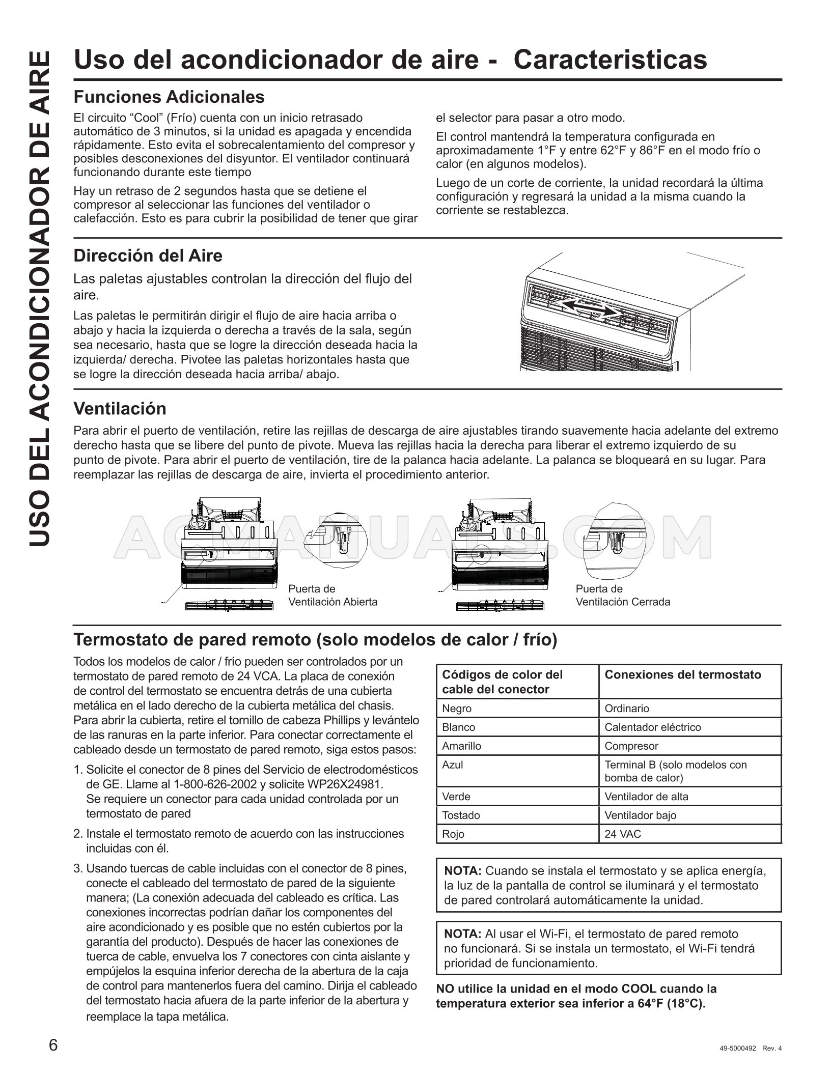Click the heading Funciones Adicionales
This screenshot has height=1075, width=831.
[x=169, y=97]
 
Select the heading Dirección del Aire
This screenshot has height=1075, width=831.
[x=148, y=256]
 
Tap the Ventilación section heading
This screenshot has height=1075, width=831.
[x=120, y=408]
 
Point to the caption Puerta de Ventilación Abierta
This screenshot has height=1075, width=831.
[x=333, y=595]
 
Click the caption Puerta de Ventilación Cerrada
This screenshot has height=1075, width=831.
[x=622, y=595]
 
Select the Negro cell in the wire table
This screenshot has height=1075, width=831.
[x=457, y=709]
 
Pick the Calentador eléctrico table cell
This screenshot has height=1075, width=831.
[x=652, y=727]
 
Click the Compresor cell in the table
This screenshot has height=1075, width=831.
[x=631, y=746]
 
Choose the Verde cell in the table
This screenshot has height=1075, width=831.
[x=456, y=797]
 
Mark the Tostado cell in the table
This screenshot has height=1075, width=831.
[x=461, y=815]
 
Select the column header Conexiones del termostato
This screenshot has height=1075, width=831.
[x=682, y=675]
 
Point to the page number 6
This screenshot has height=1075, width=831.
[x=53, y=1045]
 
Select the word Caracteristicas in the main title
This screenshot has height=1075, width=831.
[x=610, y=60]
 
